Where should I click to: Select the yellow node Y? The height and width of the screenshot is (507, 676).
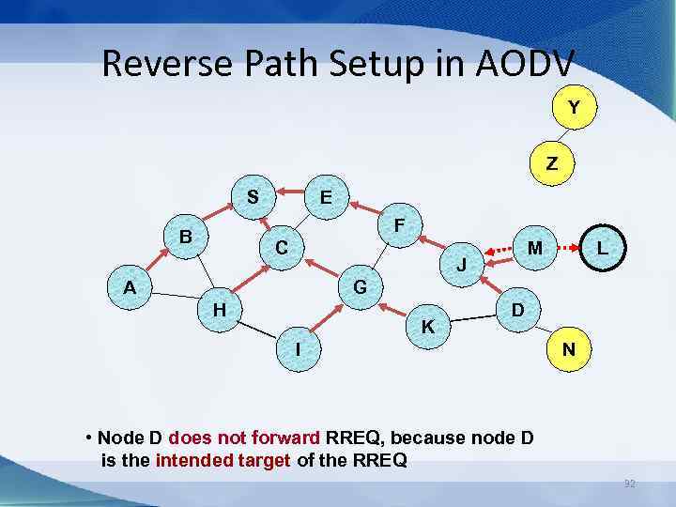tap(572, 109)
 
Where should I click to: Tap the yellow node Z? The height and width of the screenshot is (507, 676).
tap(551, 162)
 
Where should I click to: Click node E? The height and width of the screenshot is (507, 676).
tap(325, 198)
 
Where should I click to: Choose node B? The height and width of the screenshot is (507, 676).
tap(186, 238)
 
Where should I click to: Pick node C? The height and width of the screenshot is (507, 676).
tap(282, 249)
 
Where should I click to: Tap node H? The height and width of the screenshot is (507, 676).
tap(219, 308)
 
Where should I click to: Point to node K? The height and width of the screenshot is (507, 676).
tap(427, 328)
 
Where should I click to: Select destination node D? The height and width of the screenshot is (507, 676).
tap(515, 309)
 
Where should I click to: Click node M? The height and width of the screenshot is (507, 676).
tap(534, 248)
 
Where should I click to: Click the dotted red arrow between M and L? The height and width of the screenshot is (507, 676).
tap(569, 249)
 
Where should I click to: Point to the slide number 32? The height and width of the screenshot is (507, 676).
tap(630, 484)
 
